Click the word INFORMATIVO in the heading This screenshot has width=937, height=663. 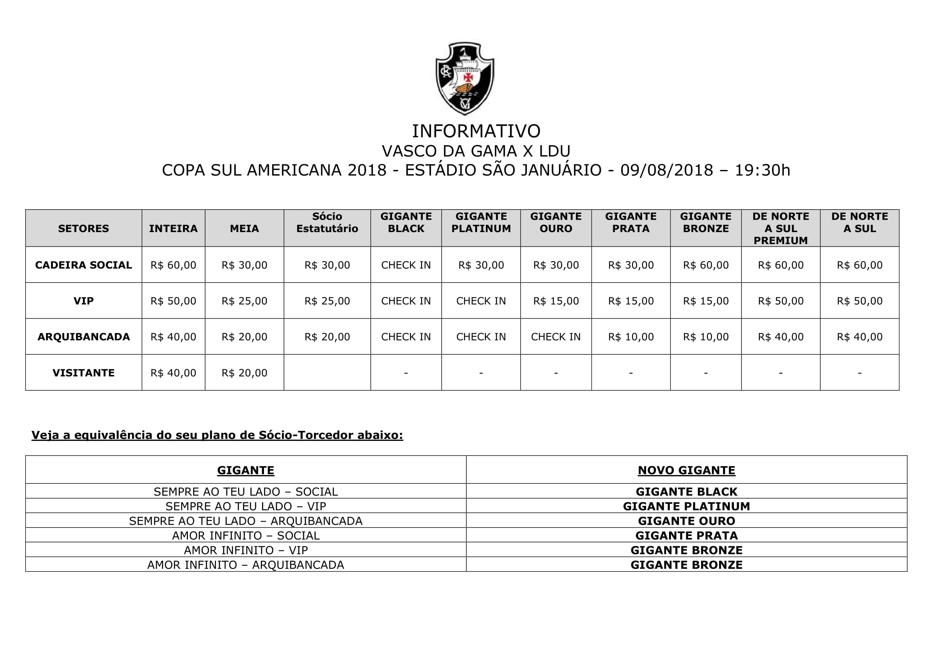[x=476, y=131]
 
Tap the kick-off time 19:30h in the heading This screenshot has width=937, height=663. [x=762, y=170]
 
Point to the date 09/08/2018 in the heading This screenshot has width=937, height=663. [x=667, y=170]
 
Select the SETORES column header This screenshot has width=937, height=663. [x=83, y=228]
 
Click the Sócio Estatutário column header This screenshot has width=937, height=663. [x=327, y=222]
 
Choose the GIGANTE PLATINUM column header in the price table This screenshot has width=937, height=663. [x=481, y=222]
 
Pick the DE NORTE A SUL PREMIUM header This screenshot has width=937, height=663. [x=780, y=228]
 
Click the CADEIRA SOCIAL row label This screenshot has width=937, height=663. [x=83, y=265]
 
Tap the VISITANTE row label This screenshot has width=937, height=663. [x=83, y=373]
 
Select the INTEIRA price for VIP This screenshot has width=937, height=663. [x=173, y=301]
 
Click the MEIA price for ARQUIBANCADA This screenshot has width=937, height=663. [x=244, y=337]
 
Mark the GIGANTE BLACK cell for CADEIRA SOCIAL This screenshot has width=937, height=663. [x=406, y=265]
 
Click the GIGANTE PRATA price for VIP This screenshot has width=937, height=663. [x=631, y=301]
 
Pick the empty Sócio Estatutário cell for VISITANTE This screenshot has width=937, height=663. [x=327, y=373]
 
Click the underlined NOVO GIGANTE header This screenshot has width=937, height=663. [x=687, y=470]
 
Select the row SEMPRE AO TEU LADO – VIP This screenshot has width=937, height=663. [x=246, y=506]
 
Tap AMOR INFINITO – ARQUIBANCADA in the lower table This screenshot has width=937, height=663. [x=246, y=565]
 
